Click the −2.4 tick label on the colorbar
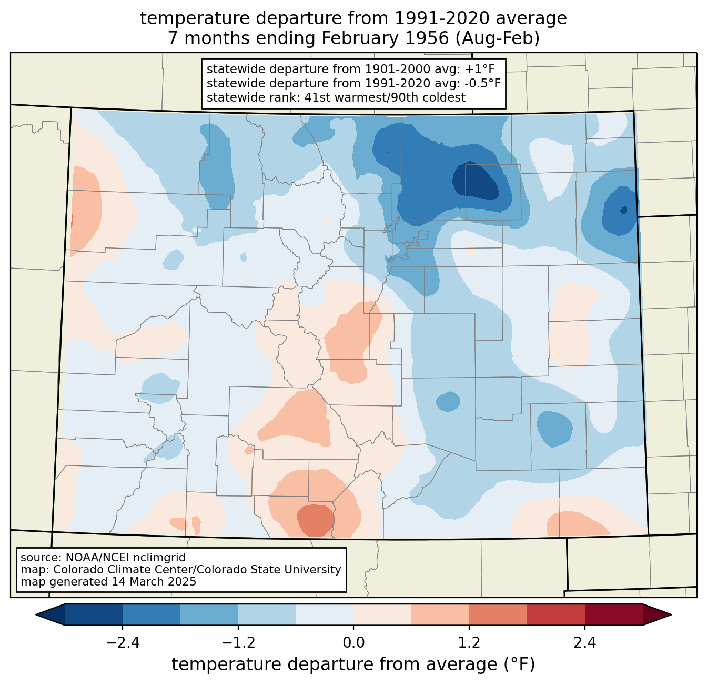tap(123, 643)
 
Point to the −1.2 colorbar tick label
tap(238, 643)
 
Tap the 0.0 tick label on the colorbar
tap(353, 643)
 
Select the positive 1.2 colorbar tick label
tap(469, 643)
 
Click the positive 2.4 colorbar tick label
tap(585, 643)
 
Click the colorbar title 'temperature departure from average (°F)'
tap(353, 665)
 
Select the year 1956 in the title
tap(427, 38)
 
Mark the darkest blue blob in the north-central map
tap(476, 181)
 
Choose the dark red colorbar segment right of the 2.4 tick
tap(614, 615)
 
